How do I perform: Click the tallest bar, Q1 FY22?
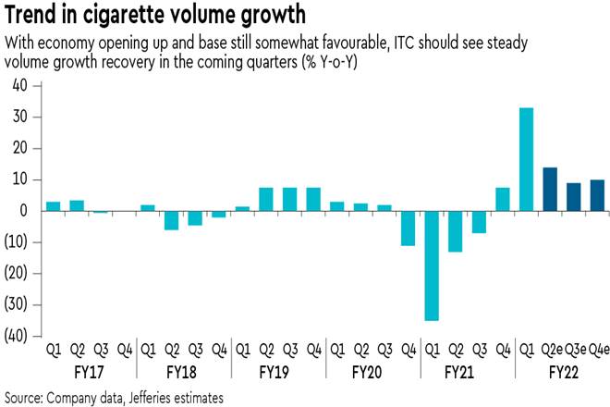tap(527, 160)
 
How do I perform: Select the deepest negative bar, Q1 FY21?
tap(432, 265)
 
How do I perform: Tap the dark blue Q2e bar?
tap(550, 190)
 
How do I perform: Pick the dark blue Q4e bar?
tap(597, 195)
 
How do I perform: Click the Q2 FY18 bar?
tap(171, 220)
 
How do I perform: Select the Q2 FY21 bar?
tap(455, 231)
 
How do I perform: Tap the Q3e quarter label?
tap(574, 350)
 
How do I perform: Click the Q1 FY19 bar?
tap(243, 209)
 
